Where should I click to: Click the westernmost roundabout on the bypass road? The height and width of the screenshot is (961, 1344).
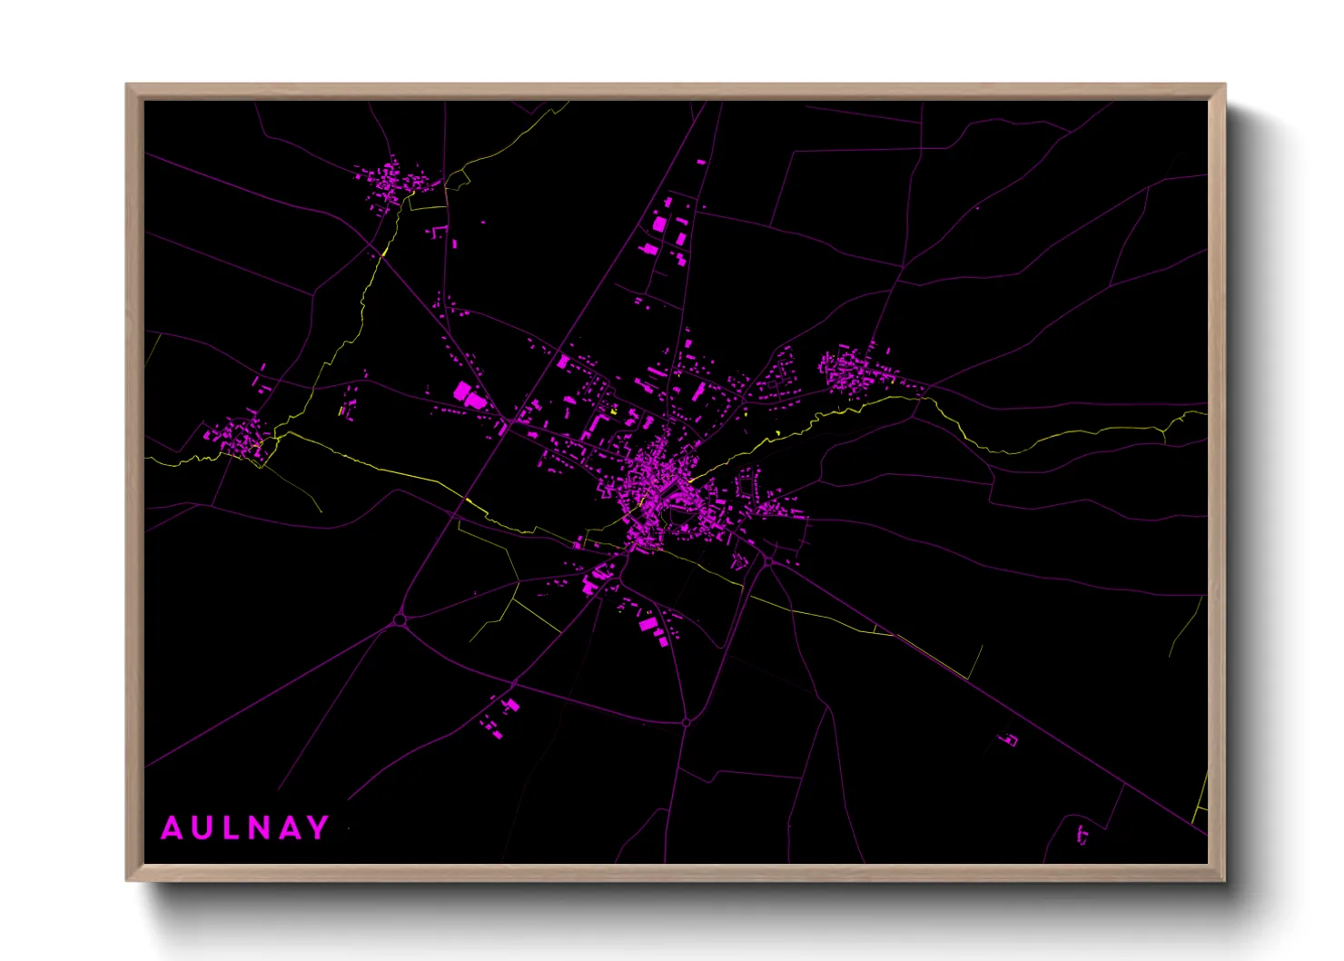coord(400,620)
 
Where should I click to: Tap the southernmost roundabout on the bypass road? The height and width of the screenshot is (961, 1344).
coord(687,722)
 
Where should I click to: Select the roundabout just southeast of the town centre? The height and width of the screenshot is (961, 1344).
coord(768,561)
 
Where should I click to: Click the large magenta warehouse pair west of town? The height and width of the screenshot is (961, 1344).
coord(469,395)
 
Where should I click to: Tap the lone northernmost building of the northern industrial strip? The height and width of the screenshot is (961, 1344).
coord(701,163)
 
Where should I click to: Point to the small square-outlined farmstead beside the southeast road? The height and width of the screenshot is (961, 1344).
coord(1010,739)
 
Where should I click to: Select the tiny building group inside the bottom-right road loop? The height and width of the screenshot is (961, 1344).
coord(1082,834)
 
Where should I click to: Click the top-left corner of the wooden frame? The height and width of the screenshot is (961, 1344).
coord(127,85)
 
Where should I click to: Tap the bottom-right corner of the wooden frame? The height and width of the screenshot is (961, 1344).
coord(1224,879)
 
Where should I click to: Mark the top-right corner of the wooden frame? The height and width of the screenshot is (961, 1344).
coord(1224,85)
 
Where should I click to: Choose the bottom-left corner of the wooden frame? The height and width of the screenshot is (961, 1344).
coord(127,879)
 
